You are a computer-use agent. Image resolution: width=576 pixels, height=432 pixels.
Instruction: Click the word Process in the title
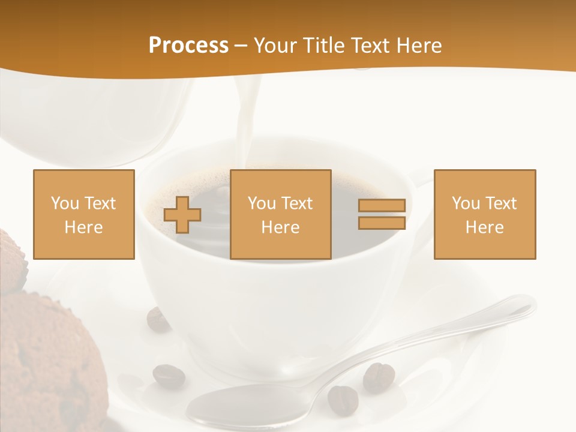(x=188, y=46)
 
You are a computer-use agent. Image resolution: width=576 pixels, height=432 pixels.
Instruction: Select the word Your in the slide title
(x=276, y=46)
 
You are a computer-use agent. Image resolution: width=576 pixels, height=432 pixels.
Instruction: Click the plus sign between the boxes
(x=182, y=215)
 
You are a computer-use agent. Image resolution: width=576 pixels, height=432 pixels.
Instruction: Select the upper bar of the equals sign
(x=382, y=206)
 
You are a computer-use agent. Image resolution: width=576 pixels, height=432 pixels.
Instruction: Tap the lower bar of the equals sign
(x=382, y=223)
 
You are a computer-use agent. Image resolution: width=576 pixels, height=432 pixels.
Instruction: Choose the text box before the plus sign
(x=83, y=214)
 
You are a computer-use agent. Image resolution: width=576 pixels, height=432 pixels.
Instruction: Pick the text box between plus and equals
(x=280, y=214)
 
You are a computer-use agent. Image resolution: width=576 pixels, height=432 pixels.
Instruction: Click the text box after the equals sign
(x=484, y=214)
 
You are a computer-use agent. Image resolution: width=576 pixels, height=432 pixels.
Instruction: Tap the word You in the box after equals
(x=465, y=203)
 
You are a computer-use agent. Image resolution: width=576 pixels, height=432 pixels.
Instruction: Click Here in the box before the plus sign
(x=83, y=227)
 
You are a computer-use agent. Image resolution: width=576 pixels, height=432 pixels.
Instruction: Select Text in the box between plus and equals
(x=297, y=203)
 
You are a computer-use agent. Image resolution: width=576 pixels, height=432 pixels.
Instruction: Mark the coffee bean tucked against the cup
(x=158, y=319)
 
